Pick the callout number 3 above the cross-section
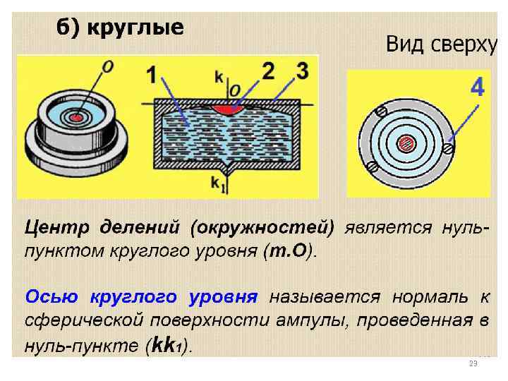(302, 72)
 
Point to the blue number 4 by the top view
(477, 88)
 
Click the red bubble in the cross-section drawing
(229, 109)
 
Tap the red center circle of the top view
(406, 143)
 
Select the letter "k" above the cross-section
(219, 75)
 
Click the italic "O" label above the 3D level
(108, 67)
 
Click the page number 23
(473, 363)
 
